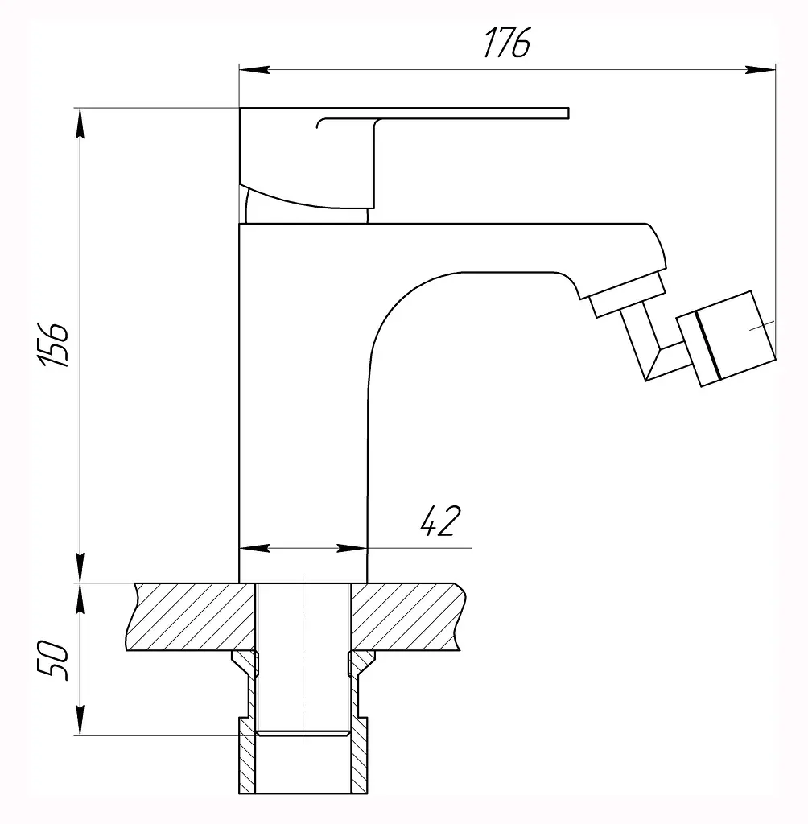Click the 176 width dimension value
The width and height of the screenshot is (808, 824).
[506, 43]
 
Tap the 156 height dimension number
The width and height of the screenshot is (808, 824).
[53, 344]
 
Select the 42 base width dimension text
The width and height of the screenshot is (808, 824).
[440, 521]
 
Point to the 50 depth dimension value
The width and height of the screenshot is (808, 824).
[53, 660]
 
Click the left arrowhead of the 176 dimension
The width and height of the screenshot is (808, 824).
[254, 69]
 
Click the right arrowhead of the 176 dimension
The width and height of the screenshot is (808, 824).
[761, 69]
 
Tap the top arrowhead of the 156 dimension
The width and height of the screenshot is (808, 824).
[80, 123]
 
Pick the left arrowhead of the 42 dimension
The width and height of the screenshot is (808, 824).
[254, 548]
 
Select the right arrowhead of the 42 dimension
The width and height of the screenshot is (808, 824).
[352, 548]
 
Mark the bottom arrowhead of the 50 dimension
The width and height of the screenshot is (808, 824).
[80, 720]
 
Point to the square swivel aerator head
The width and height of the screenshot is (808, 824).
[726, 339]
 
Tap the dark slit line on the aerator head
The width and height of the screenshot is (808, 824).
[708, 345]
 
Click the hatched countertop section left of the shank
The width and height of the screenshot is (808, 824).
[191, 617]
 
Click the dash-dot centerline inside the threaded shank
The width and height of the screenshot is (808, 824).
[303, 659]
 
